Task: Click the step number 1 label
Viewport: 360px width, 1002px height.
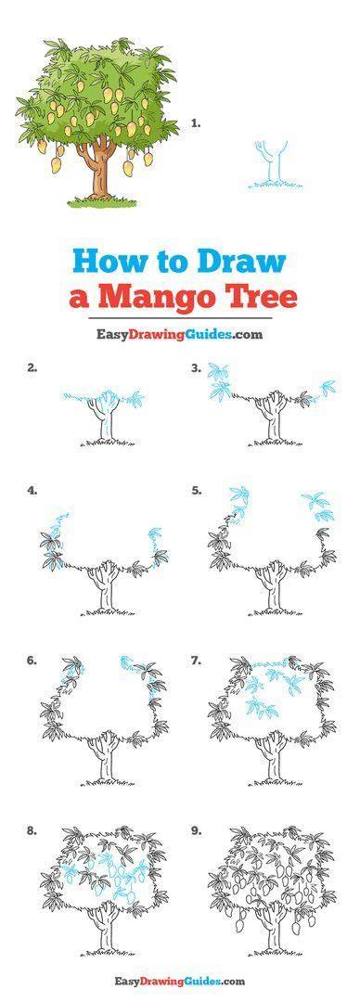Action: pos(196,124)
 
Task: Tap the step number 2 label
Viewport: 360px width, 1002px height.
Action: pos(32,367)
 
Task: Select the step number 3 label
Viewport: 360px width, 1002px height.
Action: pos(197,367)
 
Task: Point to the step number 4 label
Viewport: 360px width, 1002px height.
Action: pos(32,491)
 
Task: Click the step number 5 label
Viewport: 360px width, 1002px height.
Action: pos(197,491)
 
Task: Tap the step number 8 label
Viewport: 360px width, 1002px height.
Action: pos(32,831)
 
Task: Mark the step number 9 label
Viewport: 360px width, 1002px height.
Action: pos(197,831)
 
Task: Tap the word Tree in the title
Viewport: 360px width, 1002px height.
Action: pos(264,295)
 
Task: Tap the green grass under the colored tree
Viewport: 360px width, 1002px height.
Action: pos(103,202)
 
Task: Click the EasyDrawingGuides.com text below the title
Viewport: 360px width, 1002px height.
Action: pos(180,333)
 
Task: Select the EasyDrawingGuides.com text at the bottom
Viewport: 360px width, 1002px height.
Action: pos(180,981)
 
